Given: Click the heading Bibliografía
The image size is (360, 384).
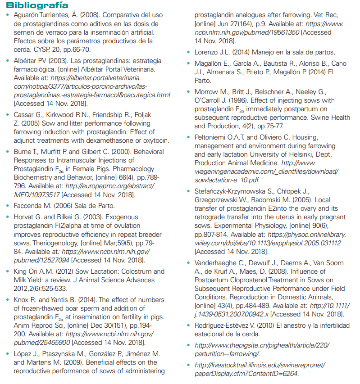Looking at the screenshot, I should pyautogui.click(x=37, y=5).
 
